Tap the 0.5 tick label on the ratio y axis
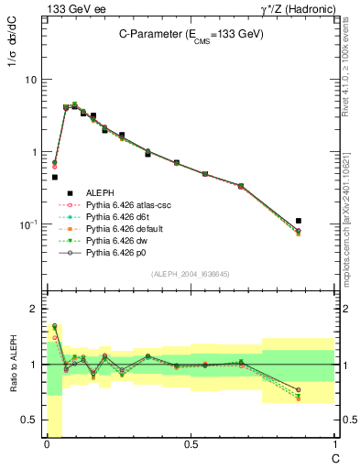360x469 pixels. pyautogui.click(x=29, y=420)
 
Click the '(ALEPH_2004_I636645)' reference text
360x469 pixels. pyautogui.click(x=190, y=275)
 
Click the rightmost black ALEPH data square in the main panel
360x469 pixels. pyautogui.click(x=299, y=221)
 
